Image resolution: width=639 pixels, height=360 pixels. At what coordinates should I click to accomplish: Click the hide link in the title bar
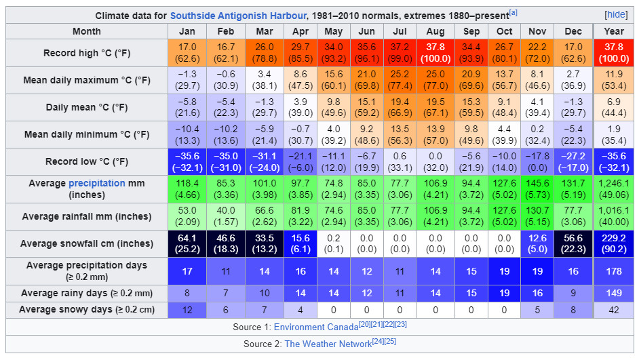point(616,15)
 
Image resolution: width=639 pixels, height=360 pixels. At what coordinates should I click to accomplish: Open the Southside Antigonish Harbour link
point(239,15)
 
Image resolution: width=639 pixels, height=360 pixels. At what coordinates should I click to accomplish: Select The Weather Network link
point(328,344)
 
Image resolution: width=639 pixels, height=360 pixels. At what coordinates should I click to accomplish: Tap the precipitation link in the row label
point(96,183)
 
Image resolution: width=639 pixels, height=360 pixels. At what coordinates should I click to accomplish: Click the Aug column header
point(435,31)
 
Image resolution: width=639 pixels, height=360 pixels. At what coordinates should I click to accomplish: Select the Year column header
point(614,31)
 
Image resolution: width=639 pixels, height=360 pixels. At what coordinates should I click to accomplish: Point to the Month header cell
point(87,31)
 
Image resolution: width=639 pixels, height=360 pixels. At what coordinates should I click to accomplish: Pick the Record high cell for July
point(400,53)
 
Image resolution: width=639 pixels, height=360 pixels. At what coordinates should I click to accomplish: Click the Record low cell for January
point(187,161)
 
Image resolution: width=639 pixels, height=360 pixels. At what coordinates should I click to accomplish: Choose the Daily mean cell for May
point(333,107)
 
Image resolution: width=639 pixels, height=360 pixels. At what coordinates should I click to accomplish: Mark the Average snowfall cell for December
point(573,243)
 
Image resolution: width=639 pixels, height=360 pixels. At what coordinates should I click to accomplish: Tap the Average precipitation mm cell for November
point(537,188)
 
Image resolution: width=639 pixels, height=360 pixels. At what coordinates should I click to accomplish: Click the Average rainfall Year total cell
point(614,216)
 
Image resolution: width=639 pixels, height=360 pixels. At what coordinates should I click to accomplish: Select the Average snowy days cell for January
point(187,310)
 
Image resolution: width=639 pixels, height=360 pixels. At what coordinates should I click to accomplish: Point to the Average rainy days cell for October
point(504,294)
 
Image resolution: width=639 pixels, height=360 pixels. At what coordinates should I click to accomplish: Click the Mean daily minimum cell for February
point(226,134)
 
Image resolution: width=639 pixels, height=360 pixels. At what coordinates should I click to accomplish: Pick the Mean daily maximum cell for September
point(471,80)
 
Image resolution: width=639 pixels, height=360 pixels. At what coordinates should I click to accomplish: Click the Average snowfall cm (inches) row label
point(87,243)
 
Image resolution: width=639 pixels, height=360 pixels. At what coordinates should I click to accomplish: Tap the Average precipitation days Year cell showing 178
point(614,271)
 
